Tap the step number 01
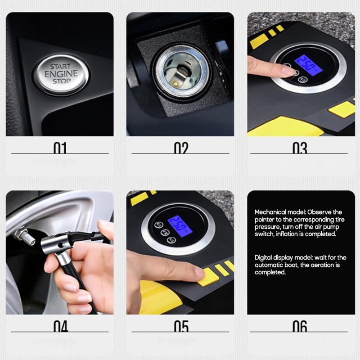click(x=60, y=148)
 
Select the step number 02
click(x=181, y=148)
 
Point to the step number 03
click(x=300, y=148)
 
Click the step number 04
click(x=60, y=326)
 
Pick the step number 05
click(x=181, y=326)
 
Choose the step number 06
click(x=300, y=326)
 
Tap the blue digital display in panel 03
click(x=308, y=65)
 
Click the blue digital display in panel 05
click(x=180, y=224)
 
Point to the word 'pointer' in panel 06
click(x=265, y=220)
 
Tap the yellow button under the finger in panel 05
click(x=208, y=275)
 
